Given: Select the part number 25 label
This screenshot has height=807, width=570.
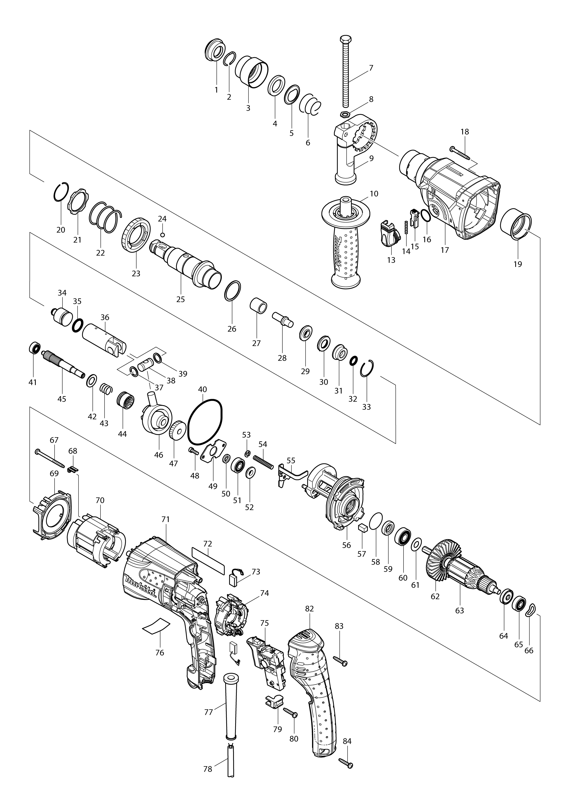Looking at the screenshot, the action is pos(181,300).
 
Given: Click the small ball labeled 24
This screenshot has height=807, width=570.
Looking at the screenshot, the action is pos(162,234).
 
